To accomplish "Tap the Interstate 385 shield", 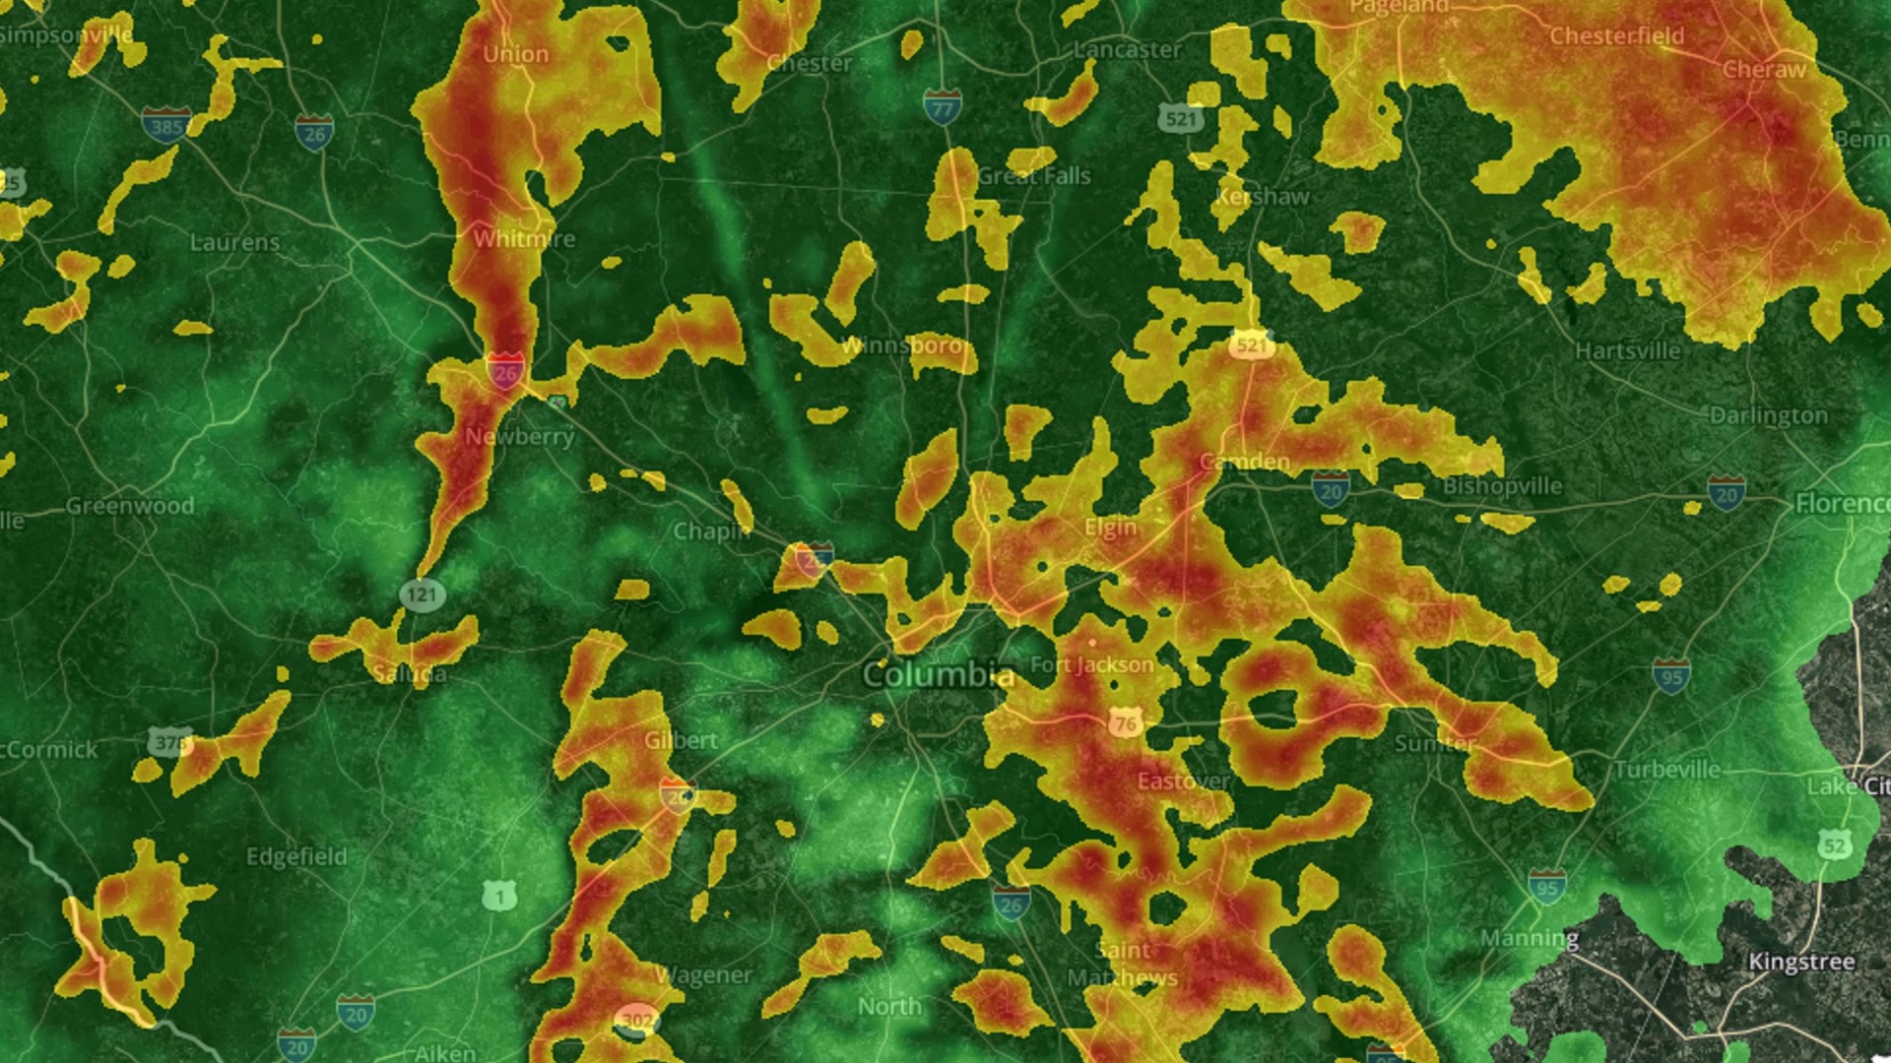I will (165, 125).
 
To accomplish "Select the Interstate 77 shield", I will (942, 107).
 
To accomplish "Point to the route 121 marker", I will (423, 594).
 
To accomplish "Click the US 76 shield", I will (1126, 724).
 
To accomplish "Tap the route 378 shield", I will (169, 742).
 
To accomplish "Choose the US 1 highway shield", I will (499, 896).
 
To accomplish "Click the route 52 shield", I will (1834, 844).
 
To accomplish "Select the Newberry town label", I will (519, 436).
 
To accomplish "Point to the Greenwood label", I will (130, 506).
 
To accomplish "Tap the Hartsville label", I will (1627, 351).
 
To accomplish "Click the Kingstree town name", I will (1801, 962).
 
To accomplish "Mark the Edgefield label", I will (296, 856).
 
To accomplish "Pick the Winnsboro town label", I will (901, 346).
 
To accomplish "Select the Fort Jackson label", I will (1091, 665).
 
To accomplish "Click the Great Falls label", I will (1034, 176).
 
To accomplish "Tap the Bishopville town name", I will (1502, 486).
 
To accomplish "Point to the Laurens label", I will (234, 242).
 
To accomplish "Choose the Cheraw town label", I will (1764, 70).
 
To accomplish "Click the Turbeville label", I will (1667, 769).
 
